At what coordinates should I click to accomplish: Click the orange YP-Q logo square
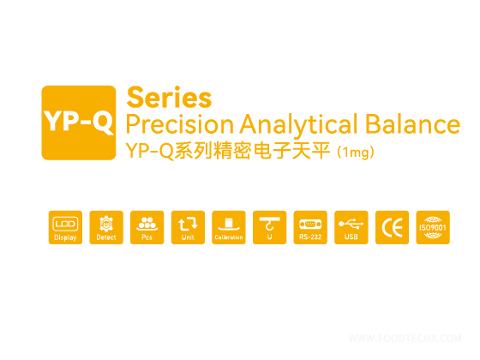point(78,123)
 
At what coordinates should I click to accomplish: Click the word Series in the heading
point(169,96)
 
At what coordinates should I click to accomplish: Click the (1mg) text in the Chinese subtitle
point(356,152)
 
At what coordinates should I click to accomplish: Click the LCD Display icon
point(65,227)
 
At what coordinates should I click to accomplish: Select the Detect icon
point(106,227)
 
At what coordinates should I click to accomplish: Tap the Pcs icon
point(147,227)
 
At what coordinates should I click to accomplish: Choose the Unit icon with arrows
point(188,227)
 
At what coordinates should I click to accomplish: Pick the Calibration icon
point(229,227)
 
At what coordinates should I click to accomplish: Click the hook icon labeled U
point(269,227)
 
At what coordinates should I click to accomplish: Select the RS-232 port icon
point(310,227)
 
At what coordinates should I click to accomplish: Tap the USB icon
point(351,227)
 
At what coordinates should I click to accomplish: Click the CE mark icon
point(392,227)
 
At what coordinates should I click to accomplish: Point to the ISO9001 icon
point(432,227)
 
